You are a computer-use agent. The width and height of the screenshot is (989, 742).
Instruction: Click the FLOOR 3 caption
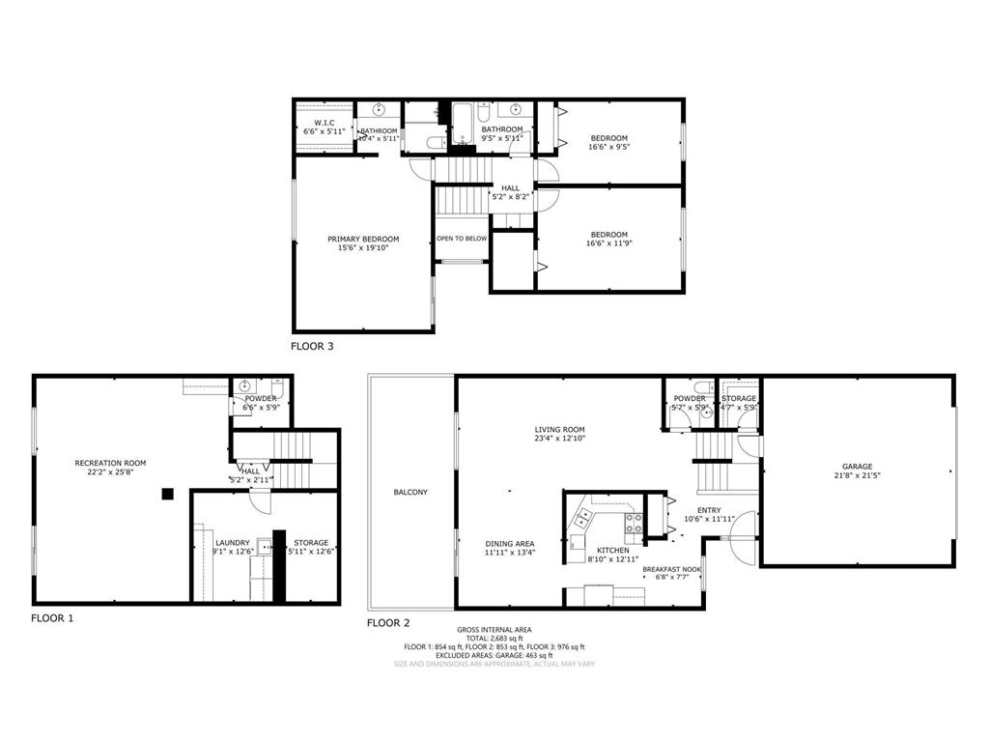pos(313,345)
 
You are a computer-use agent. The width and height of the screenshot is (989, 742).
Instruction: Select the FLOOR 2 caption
pos(388,623)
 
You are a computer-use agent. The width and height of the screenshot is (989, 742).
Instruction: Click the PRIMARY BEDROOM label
pos(363,239)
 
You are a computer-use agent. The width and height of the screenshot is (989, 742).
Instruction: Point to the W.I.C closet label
pos(324,123)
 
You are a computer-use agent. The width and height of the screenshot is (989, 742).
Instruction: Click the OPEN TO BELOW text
pos(462,238)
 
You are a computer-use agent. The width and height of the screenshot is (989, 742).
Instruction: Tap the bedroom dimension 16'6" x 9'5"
pos(608,148)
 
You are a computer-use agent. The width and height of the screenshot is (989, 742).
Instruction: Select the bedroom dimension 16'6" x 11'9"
pos(608,243)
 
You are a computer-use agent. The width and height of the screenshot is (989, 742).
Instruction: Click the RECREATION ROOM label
pos(110,464)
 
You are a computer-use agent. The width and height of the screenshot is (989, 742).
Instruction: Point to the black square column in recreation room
pos(167,494)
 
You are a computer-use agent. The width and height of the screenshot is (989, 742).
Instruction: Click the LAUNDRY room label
pos(233,543)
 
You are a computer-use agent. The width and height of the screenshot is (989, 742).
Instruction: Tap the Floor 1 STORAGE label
pos(311,543)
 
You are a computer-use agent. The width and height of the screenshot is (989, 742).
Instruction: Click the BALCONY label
pos(410,493)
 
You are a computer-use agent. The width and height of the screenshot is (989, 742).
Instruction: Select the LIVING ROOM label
pos(560,430)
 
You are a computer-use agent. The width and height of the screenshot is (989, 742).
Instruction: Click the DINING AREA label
pos(510,544)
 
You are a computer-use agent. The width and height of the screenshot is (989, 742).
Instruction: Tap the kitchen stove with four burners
pos(634,524)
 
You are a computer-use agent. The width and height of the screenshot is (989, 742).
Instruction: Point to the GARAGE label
pos(858,467)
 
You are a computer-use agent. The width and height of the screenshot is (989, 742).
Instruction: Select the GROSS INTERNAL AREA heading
pos(494,630)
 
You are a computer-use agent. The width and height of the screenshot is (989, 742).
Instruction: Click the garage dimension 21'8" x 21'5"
pos(858,475)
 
